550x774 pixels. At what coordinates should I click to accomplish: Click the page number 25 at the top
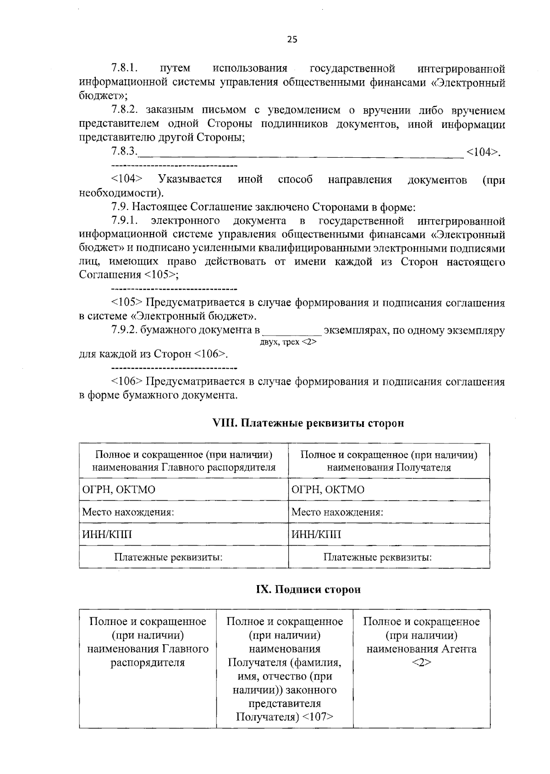292,39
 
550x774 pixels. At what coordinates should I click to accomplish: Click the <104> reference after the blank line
482,152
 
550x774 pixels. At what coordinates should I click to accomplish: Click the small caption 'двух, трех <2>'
288,342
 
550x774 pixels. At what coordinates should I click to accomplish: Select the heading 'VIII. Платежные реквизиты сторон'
308,423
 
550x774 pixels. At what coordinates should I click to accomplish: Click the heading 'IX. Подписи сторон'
308,589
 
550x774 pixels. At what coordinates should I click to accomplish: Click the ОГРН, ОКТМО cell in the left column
119,489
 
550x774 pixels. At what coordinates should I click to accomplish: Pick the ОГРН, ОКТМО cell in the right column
328,489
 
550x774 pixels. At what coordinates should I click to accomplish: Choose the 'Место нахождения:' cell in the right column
337,512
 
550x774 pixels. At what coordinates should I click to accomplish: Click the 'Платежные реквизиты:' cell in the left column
168,557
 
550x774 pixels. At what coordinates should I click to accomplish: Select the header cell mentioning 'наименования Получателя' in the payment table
389,461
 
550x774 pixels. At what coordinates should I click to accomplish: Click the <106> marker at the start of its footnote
127,382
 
